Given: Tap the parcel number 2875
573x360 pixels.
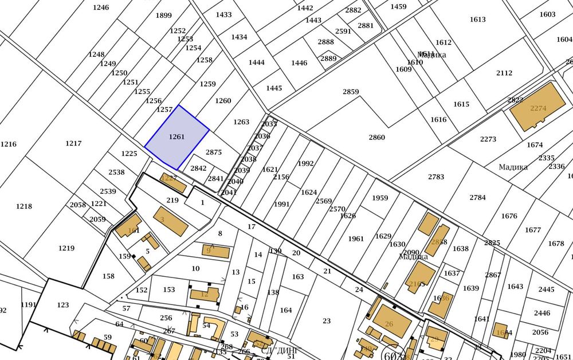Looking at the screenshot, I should [213, 152].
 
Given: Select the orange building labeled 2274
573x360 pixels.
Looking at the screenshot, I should [537, 108].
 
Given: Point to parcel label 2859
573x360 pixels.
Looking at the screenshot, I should [351, 92].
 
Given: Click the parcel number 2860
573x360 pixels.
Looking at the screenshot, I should [376, 138].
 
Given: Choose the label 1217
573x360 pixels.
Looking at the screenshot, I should [73, 144].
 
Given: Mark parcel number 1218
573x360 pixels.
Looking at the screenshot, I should [24, 206].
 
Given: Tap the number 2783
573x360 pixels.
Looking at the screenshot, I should [436, 177].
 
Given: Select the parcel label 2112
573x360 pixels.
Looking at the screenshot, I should [504, 73].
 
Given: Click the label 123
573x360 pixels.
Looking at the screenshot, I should [63, 306].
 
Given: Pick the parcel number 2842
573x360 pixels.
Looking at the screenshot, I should [198, 169].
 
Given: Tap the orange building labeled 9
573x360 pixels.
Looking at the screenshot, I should [216, 251].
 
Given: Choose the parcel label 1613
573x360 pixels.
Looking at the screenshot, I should [477, 19].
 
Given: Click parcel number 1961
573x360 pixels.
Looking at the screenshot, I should [356, 239].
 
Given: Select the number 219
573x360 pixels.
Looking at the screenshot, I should [172, 201].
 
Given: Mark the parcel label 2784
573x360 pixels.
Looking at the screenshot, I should [477, 198].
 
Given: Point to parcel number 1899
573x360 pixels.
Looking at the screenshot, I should [163, 15].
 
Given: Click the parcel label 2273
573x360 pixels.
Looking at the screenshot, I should [488, 139].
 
